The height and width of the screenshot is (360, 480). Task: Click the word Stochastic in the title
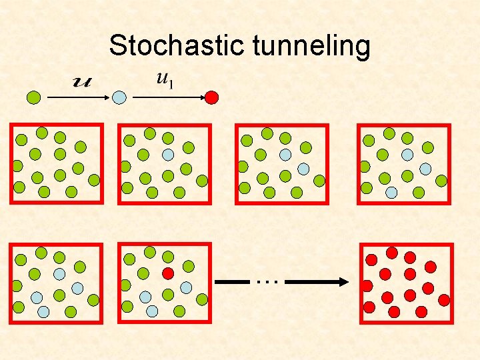[178, 46]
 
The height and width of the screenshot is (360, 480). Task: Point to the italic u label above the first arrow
[83, 82]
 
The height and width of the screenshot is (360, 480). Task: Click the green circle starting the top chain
[34, 97]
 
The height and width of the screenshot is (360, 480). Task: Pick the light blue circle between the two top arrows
[119, 97]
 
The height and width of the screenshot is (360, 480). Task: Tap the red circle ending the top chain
[211, 97]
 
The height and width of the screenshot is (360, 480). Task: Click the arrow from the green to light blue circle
[77, 97]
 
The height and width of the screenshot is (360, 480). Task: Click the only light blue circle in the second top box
[168, 154]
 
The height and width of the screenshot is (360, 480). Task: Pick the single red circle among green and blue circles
[168, 273]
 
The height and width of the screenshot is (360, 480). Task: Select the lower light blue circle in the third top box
[303, 169]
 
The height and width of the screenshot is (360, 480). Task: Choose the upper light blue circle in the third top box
[285, 154]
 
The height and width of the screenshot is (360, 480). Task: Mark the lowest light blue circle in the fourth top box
[392, 192]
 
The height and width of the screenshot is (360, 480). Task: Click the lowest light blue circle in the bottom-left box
[43, 311]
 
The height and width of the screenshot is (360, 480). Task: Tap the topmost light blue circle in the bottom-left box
[59, 273]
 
